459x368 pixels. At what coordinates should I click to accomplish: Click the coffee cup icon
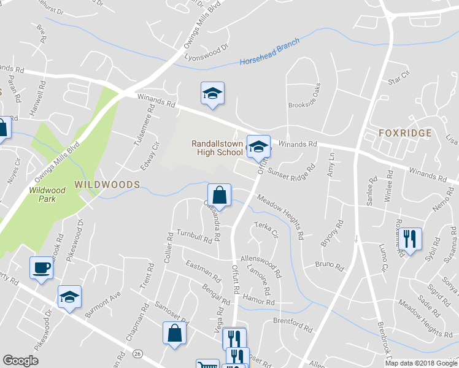41,267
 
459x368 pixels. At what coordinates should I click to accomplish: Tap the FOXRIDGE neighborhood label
405,133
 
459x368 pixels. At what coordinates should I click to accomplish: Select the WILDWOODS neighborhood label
107,184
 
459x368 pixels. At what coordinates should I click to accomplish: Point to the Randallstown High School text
217,148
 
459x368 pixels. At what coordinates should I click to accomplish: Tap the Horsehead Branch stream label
269,53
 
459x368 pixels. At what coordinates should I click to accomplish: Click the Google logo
20,361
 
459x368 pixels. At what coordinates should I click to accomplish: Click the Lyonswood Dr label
206,52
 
